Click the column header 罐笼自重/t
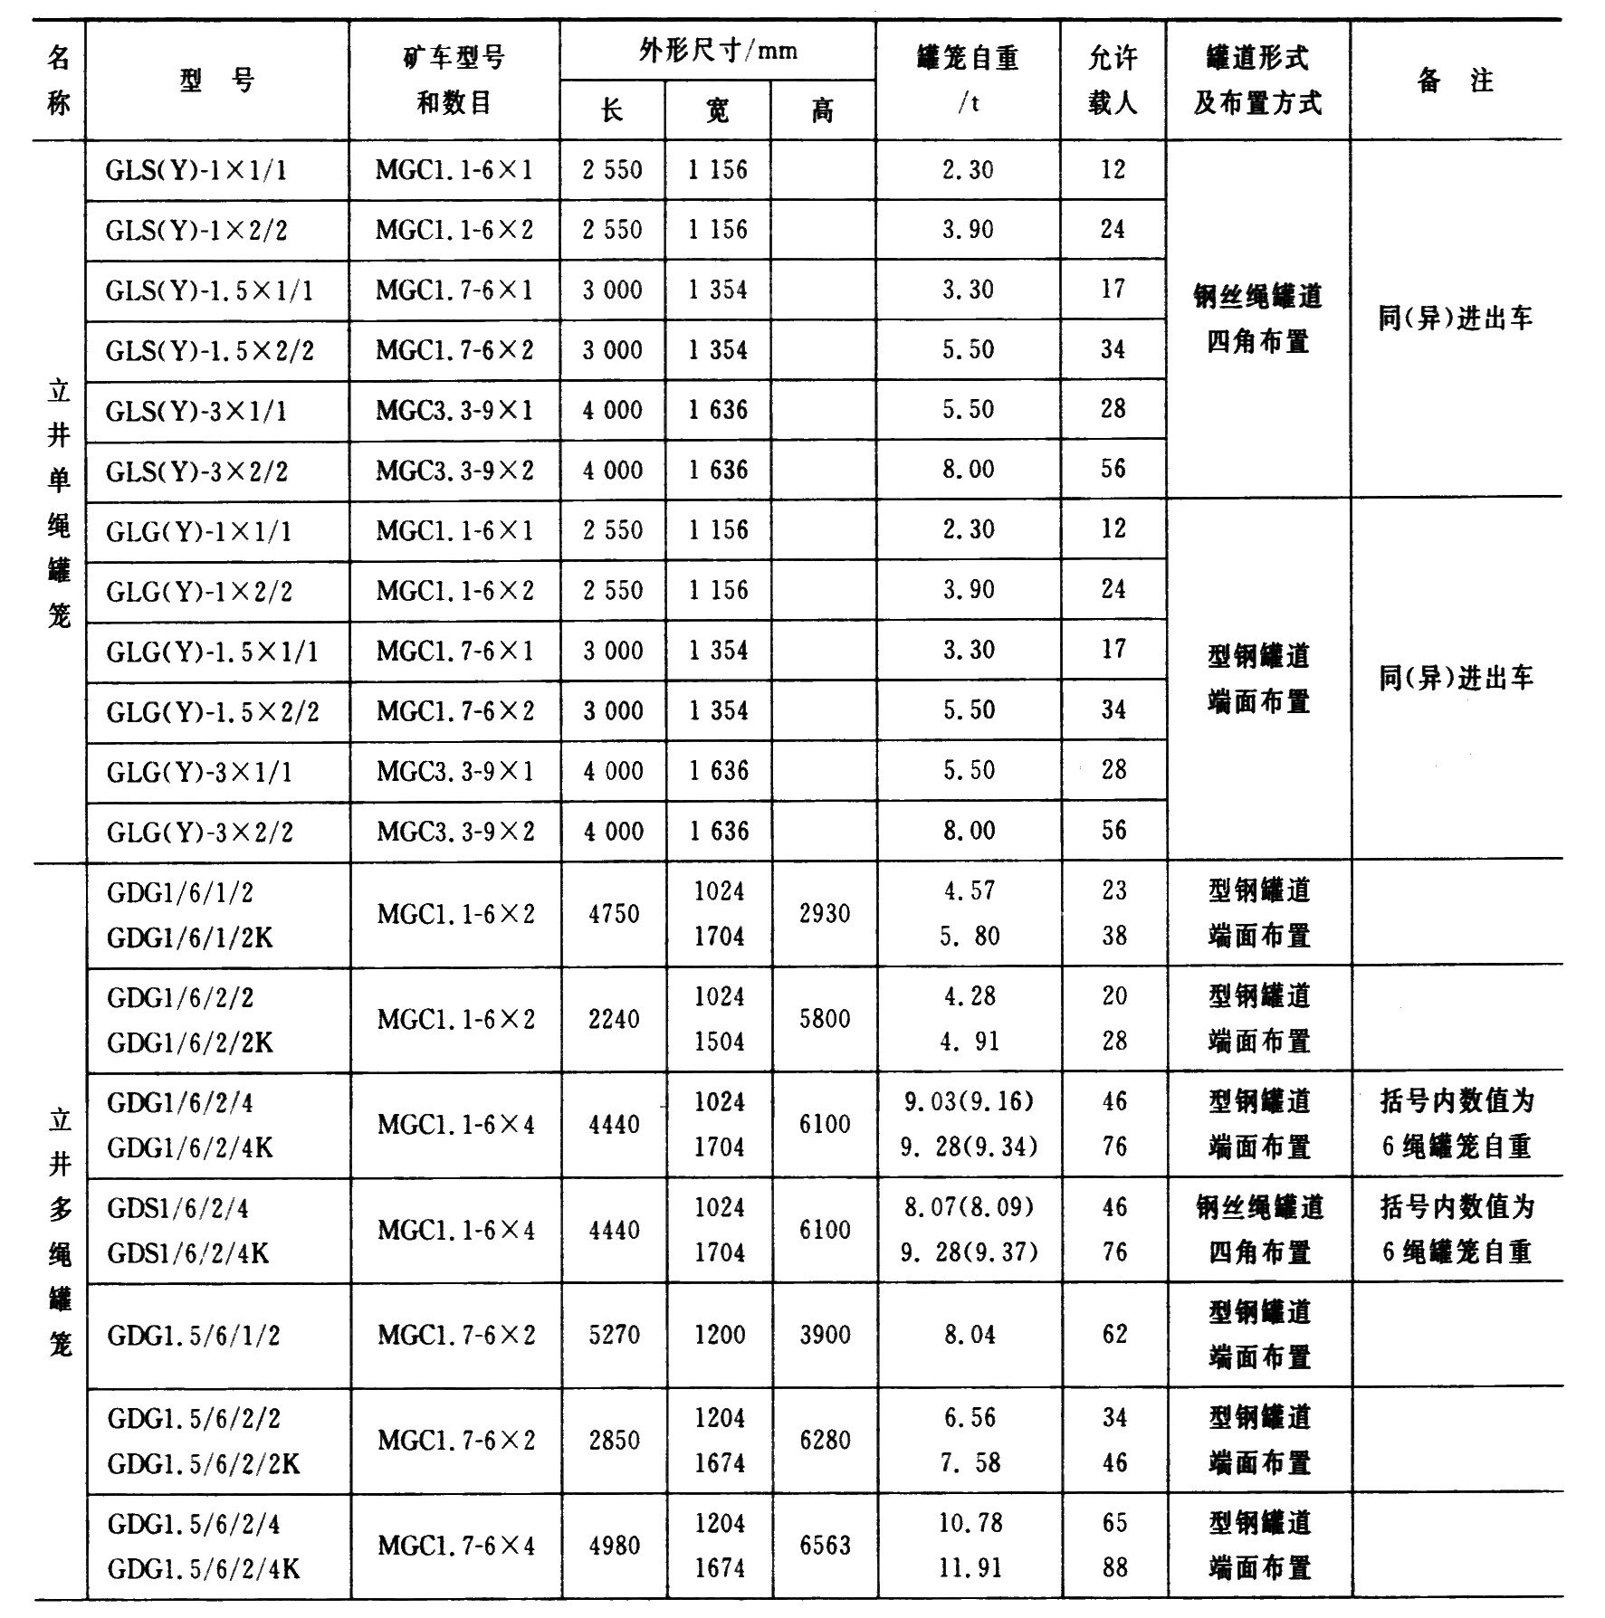point(967,80)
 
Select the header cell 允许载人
point(1112,80)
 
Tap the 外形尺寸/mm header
point(717,51)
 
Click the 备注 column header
point(1455,80)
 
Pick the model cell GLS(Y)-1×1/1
point(196,170)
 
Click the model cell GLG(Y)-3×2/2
point(200,832)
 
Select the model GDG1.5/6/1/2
point(194,1336)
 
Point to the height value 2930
point(824,913)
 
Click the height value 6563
point(824,1546)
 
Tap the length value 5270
point(614,1335)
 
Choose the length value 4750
point(614,913)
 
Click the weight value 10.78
point(970,1523)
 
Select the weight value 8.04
point(970,1335)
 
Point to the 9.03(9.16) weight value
point(969,1101)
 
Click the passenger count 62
point(1114,1335)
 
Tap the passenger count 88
point(1114,1567)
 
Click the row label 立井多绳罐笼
point(60,1231)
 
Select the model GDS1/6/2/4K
point(187,1253)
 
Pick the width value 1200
point(719,1335)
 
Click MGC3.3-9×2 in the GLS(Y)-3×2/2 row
point(454,471)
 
